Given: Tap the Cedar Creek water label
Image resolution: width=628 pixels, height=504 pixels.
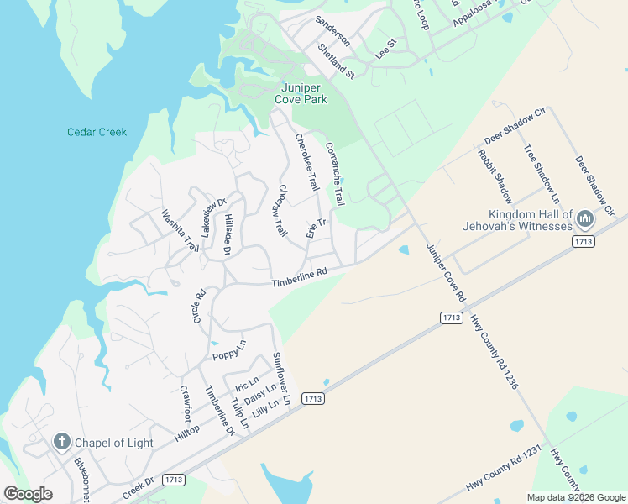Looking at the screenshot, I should tap(97, 132).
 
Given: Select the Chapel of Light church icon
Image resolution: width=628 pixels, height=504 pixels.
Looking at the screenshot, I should tap(61, 442).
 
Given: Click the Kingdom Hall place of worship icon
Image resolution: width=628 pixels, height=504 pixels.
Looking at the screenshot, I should tap(585, 220).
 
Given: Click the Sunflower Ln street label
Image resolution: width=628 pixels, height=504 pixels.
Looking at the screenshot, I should tap(280, 381).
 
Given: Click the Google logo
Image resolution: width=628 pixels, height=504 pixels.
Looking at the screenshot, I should tap(28, 494).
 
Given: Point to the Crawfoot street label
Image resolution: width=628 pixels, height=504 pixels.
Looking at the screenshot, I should tap(186, 404).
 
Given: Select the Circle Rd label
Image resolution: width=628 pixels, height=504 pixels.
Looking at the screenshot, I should tap(199, 307).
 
